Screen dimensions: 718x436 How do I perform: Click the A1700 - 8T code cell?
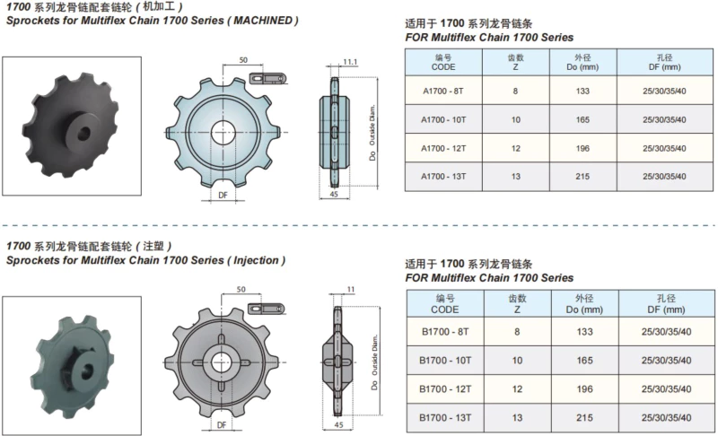(x=443, y=91)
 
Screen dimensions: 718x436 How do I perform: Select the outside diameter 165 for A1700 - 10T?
(x=582, y=120)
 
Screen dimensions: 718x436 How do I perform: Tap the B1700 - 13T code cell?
(x=445, y=418)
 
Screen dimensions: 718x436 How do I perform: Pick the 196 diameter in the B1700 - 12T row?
(x=585, y=388)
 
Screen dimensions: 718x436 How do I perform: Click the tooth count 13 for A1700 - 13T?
(x=515, y=177)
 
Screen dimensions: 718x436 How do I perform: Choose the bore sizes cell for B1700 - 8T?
(x=666, y=332)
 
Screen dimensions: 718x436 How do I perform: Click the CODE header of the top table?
(x=443, y=66)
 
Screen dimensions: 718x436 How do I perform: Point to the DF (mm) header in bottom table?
(x=666, y=310)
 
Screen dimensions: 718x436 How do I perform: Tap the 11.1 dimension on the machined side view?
(x=350, y=62)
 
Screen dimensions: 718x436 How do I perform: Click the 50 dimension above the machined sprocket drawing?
(x=243, y=60)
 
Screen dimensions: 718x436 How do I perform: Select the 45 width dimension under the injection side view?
(x=338, y=424)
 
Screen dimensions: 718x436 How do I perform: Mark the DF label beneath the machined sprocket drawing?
(x=223, y=196)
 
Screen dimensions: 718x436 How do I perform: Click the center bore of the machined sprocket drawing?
(x=223, y=133)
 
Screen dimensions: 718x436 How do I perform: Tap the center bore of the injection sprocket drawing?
(x=222, y=362)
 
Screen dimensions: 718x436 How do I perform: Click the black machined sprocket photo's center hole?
(x=83, y=133)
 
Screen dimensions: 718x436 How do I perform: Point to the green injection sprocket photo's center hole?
(x=86, y=371)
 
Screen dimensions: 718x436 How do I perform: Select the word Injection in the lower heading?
(x=256, y=260)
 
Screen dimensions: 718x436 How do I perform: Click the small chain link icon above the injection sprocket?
(x=266, y=309)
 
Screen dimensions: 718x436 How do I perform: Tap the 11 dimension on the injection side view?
(x=351, y=289)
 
